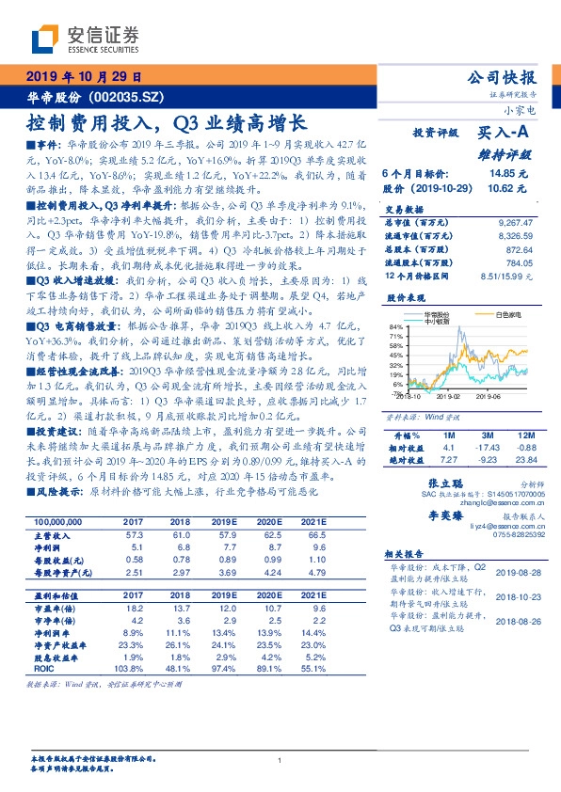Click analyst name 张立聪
pos(428,481)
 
